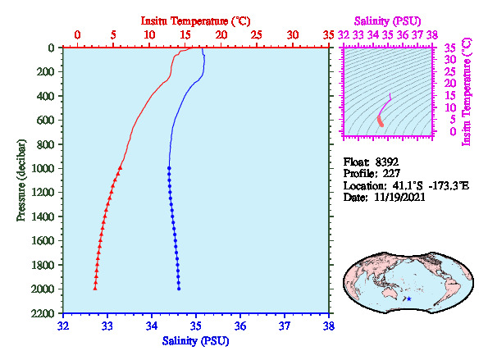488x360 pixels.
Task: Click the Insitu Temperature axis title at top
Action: click(x=195, y=21)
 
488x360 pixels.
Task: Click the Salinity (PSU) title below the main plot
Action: click(x=195, y=341)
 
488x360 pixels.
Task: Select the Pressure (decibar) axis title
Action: click(x=21, y=180)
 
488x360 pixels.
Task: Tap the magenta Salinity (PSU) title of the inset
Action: click(x=387, y=21)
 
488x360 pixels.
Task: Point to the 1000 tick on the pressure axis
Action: click(x=43, y=168)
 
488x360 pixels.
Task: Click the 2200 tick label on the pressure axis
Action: click(x=43, y=313)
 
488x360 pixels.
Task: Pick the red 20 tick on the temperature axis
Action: click(x=221, y=34)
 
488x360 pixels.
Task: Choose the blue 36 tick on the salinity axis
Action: click(x=240, y=326)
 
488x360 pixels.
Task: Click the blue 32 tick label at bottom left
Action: click(x=63, y=326)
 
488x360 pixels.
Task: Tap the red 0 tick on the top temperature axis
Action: click(x=77, y=34)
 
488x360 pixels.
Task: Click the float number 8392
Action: click(x=386, y=162)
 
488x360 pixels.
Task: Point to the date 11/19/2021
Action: click(x=399, y=198)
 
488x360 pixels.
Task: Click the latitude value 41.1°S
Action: click(x=408, y=186)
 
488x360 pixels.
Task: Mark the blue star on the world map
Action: click(x=409, y=298)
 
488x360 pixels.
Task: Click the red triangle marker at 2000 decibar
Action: click(x=95, y=289)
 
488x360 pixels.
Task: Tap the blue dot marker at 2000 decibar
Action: click(x=179, y=289)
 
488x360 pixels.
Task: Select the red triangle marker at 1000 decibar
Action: click(x=120, y=168)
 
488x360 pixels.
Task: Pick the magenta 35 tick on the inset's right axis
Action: click(x=450, y=48)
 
